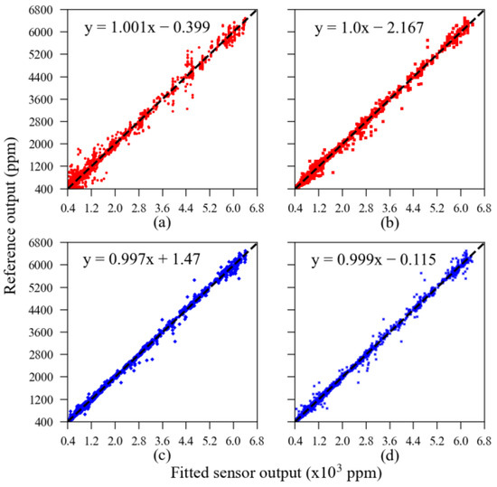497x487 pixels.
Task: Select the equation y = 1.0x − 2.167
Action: (370, 28)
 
